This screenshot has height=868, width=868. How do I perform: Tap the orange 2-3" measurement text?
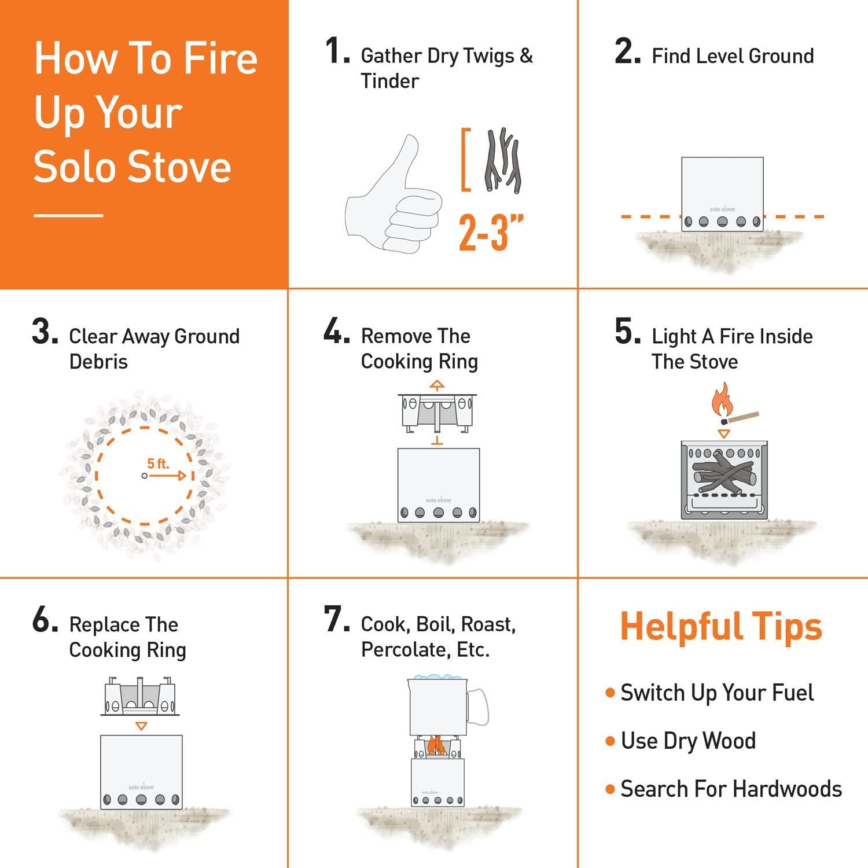click(491, 233)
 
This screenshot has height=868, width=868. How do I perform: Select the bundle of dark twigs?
click(502, 160)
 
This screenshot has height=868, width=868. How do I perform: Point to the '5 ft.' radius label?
click(157, 464)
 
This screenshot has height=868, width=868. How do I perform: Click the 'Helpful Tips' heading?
click(720, 627)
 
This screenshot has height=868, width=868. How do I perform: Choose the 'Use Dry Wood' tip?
click(687, 741)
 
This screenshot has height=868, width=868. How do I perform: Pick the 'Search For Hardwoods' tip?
click(730, 789)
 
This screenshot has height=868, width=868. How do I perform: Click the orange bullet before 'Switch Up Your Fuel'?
click(609, 693)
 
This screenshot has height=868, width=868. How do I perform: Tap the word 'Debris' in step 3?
click(98, 362)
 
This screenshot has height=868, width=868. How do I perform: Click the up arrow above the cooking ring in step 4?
click(437, 385)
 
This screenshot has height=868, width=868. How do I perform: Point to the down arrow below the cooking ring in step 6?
click(141, 726)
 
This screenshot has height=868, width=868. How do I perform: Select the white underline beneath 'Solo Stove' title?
click(68, 215)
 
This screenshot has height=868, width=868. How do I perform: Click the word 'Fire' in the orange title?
click(220, 58)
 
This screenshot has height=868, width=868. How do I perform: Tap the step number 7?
click(336, 620)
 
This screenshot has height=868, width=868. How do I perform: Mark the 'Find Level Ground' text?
click(733, 56)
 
